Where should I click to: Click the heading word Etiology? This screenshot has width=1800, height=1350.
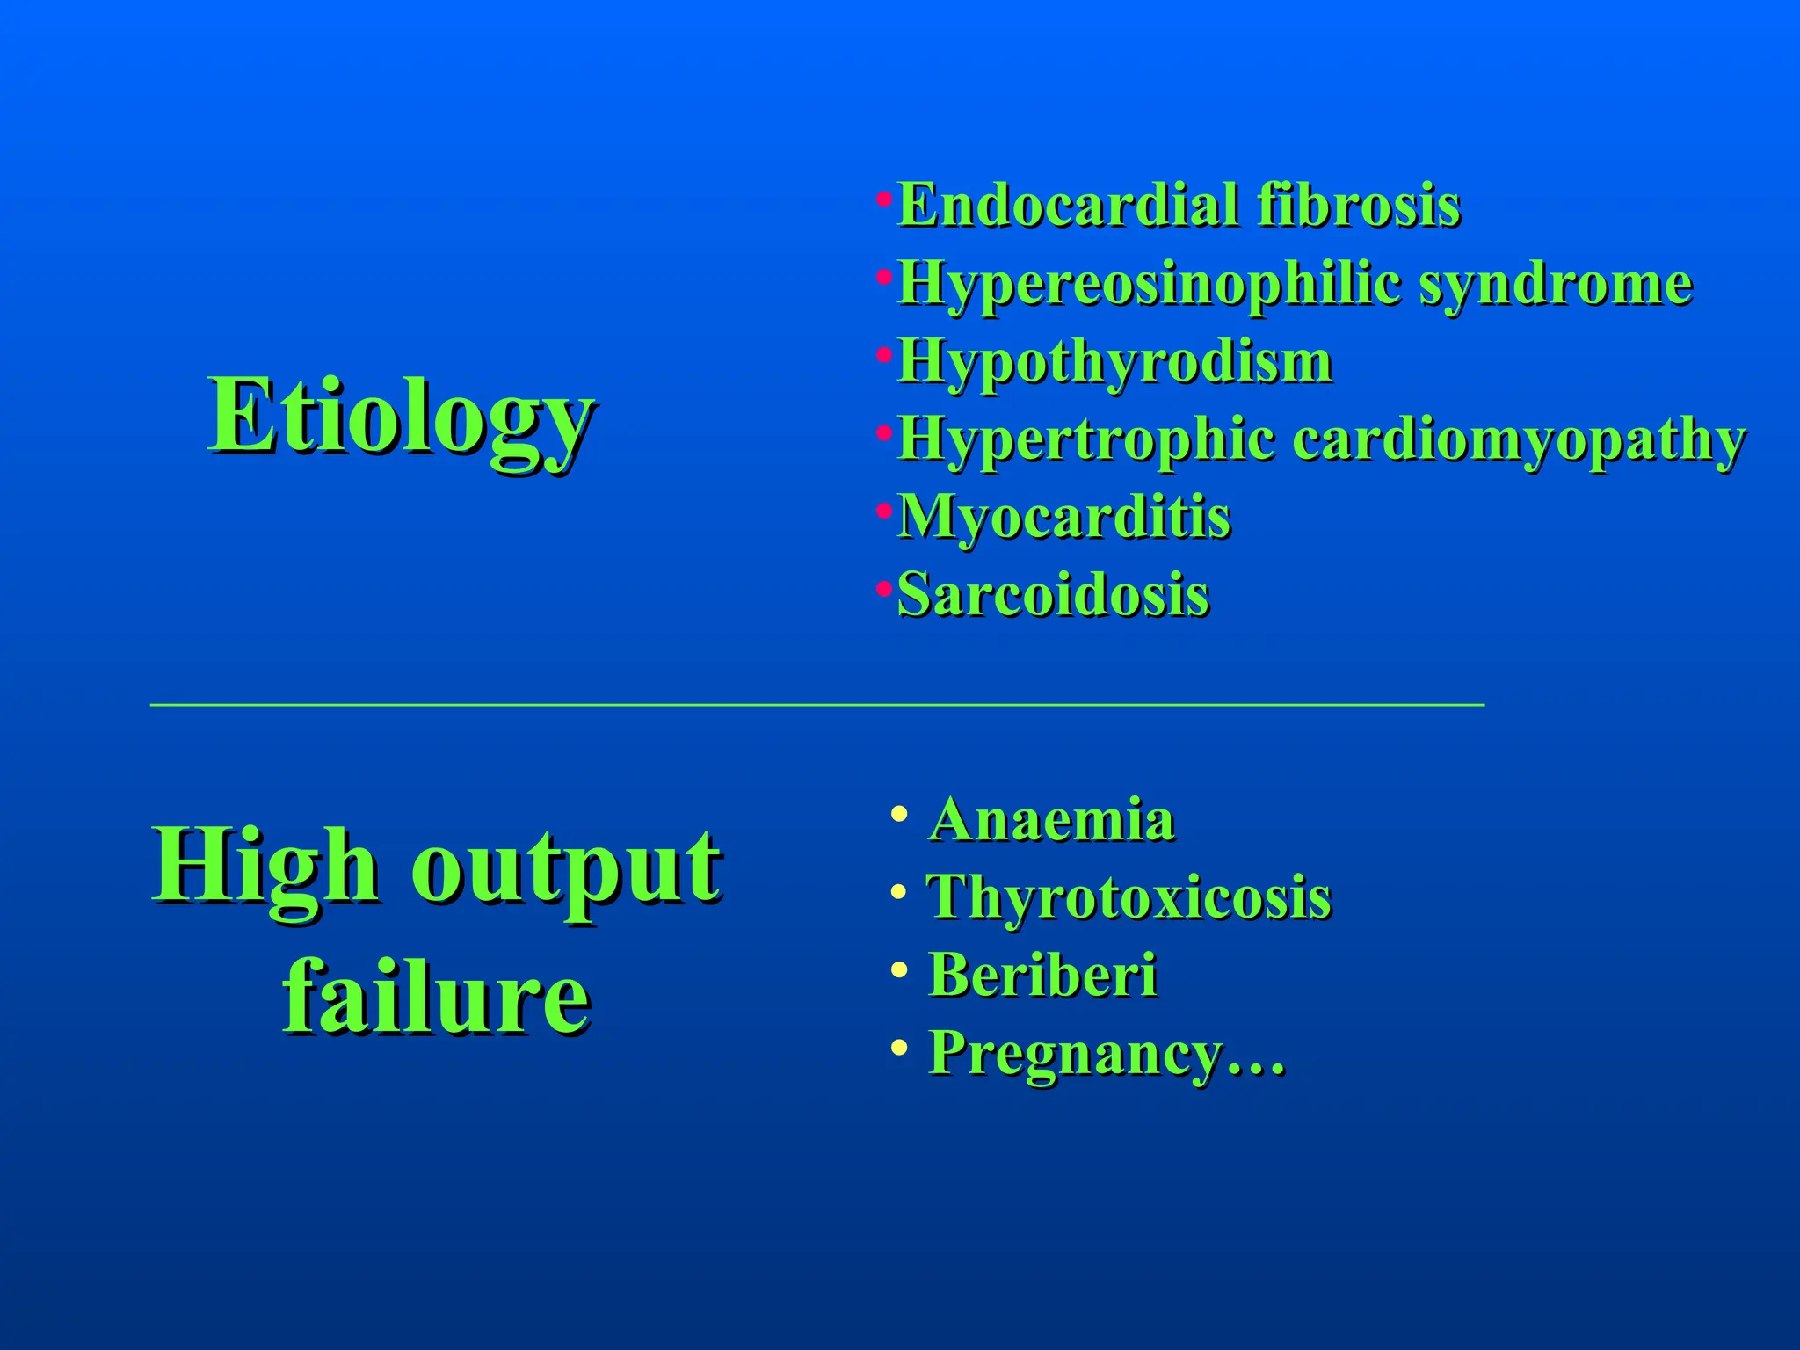[x=402, y=417]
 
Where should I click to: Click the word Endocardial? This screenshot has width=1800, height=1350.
[x=1065, y=206]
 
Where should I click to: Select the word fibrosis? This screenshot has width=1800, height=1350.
[x=1358, y=206]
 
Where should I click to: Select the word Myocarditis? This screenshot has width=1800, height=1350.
[x=1063, y=517]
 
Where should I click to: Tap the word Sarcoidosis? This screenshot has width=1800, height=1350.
[x=1053, y=595]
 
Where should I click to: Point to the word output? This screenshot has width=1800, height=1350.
[x=567, y=867]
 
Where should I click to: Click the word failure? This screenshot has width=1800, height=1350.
[x=436, y=997]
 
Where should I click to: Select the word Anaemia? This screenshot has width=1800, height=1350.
[x=1051, y=820]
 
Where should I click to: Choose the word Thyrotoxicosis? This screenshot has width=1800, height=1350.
[x=1129, y=897]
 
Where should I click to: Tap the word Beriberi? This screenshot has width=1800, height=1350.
[x=1042, y=975]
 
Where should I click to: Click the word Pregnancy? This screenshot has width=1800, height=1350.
[x=1076, y=1052]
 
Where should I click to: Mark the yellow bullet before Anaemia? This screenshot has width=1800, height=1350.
[x=897, y=814]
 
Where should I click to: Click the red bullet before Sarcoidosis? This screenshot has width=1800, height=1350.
[x=883, y=587]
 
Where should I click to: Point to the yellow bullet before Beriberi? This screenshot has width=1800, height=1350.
[x=897, y=970]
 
